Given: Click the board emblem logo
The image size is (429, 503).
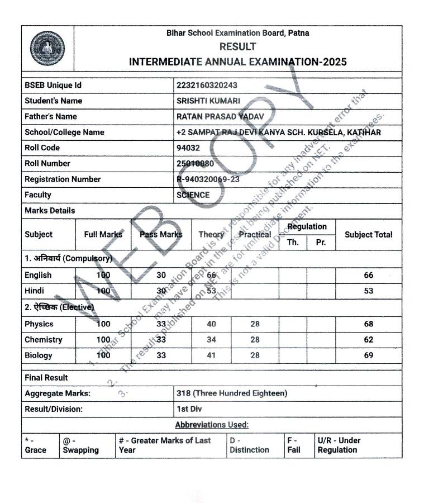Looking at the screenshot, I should pos(47,48).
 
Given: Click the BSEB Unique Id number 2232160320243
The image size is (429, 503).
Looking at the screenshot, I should pos(206,85).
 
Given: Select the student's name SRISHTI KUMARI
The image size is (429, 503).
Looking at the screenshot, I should pos(208,101).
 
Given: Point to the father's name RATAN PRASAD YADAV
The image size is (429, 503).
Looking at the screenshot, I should pos(220,116).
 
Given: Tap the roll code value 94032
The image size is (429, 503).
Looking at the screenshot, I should pos(187,148).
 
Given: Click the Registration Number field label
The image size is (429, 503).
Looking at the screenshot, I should pos(63,179).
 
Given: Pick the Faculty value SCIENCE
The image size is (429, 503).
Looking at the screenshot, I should pos(193,194).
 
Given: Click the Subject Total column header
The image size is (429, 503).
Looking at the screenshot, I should pos(368,235).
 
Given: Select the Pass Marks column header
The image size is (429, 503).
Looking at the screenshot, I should pos(161,235).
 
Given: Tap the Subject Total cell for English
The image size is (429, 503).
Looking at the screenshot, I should pos(368,275).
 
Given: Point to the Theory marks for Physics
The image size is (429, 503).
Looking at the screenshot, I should pos(211,324).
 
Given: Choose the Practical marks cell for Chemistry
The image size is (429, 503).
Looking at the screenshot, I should pos(255,339).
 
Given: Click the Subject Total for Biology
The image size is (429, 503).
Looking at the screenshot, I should pos(368,355).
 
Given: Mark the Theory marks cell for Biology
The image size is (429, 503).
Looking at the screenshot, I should pos(211,355).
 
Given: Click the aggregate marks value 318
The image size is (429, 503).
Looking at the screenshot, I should pos(231,393).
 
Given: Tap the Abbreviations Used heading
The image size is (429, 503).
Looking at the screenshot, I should pos(212,425).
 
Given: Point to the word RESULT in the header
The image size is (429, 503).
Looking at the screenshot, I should pos(237,46).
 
